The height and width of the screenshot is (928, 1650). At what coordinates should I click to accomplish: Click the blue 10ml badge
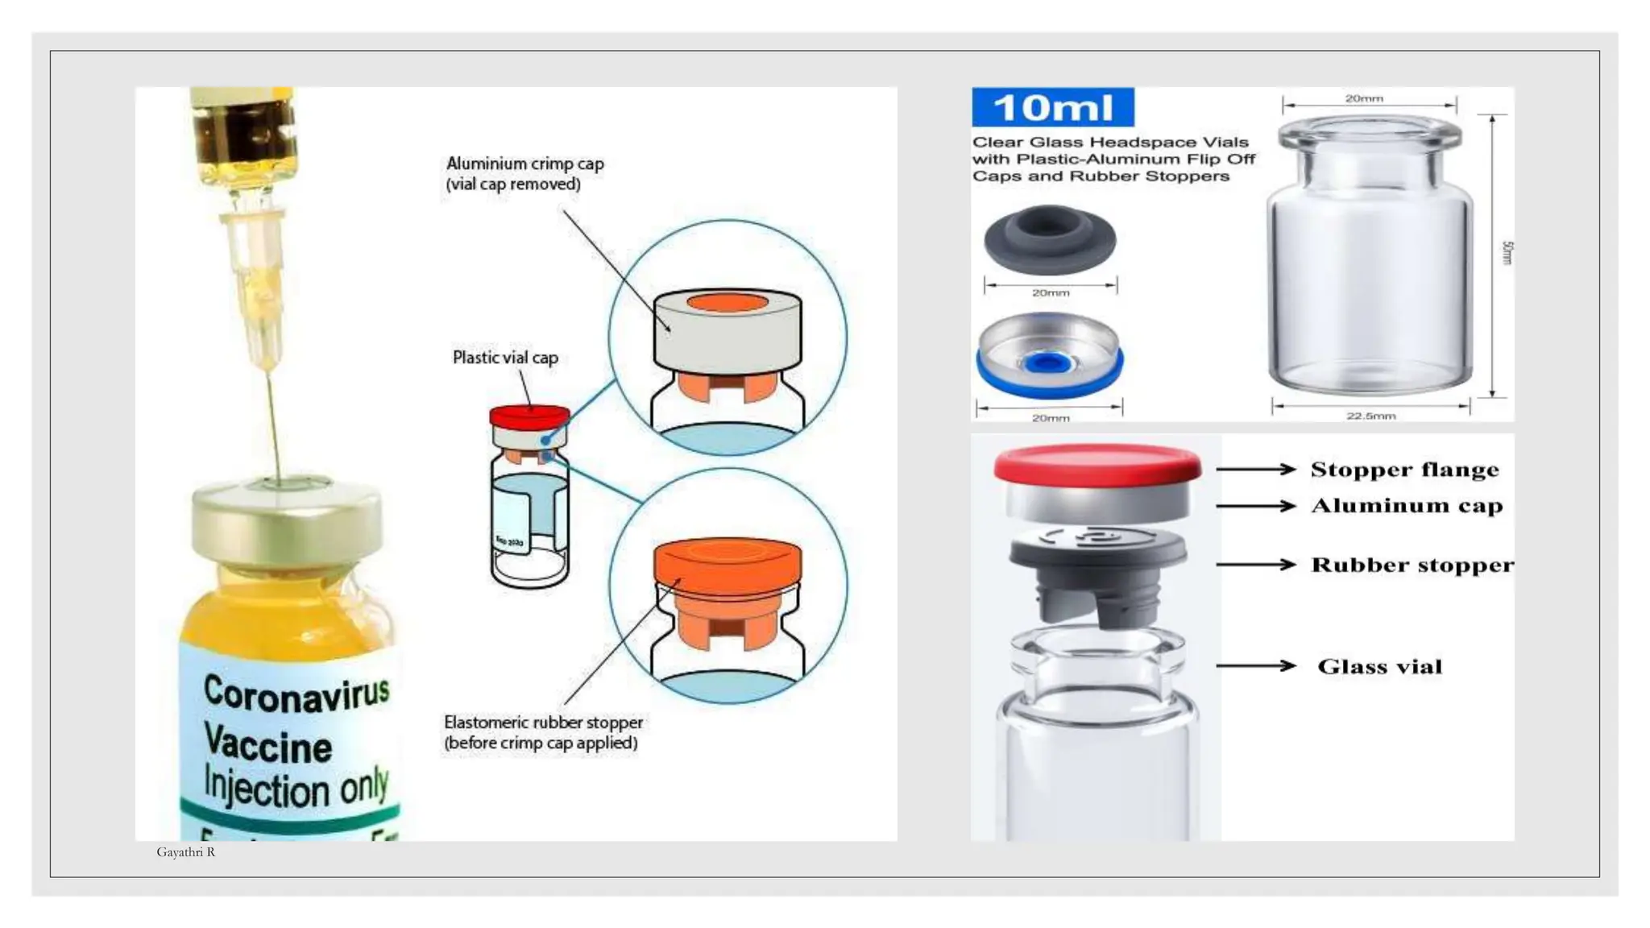point(1052,107)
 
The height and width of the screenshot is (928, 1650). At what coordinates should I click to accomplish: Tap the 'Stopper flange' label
point(1404,470)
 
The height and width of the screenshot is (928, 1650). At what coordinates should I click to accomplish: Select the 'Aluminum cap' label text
point(1406,506)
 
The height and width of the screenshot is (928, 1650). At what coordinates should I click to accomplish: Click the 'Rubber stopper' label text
point(1412,565)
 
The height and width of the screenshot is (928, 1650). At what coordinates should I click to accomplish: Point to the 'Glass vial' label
point(1379,666)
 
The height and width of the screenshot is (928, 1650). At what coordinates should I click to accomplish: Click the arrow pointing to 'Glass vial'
point(1255,665)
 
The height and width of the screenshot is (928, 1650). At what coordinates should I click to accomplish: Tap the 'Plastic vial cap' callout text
point(505,358)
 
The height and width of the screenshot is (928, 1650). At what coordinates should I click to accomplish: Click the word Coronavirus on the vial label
point(296,694)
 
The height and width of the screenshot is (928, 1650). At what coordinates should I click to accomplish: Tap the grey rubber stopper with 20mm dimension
point(1049,239)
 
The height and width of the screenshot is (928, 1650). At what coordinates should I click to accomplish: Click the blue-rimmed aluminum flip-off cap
point(1049,357)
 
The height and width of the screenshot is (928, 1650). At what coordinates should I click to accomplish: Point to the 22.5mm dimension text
point(1370,416)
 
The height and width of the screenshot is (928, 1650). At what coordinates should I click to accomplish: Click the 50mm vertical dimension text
point(1507,253)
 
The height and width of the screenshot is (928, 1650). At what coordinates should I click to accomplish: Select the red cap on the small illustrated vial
point(529,416)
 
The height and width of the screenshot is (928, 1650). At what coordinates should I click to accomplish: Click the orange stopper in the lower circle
point(728,564)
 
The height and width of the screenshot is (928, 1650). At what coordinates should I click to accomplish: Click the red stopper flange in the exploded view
point(1097,466)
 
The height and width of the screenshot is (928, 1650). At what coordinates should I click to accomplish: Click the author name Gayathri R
point(185,852)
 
